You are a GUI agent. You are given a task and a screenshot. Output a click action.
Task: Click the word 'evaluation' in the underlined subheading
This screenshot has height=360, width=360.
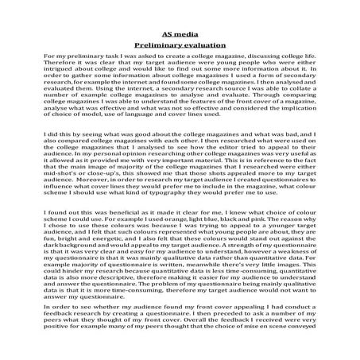point(199,47)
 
